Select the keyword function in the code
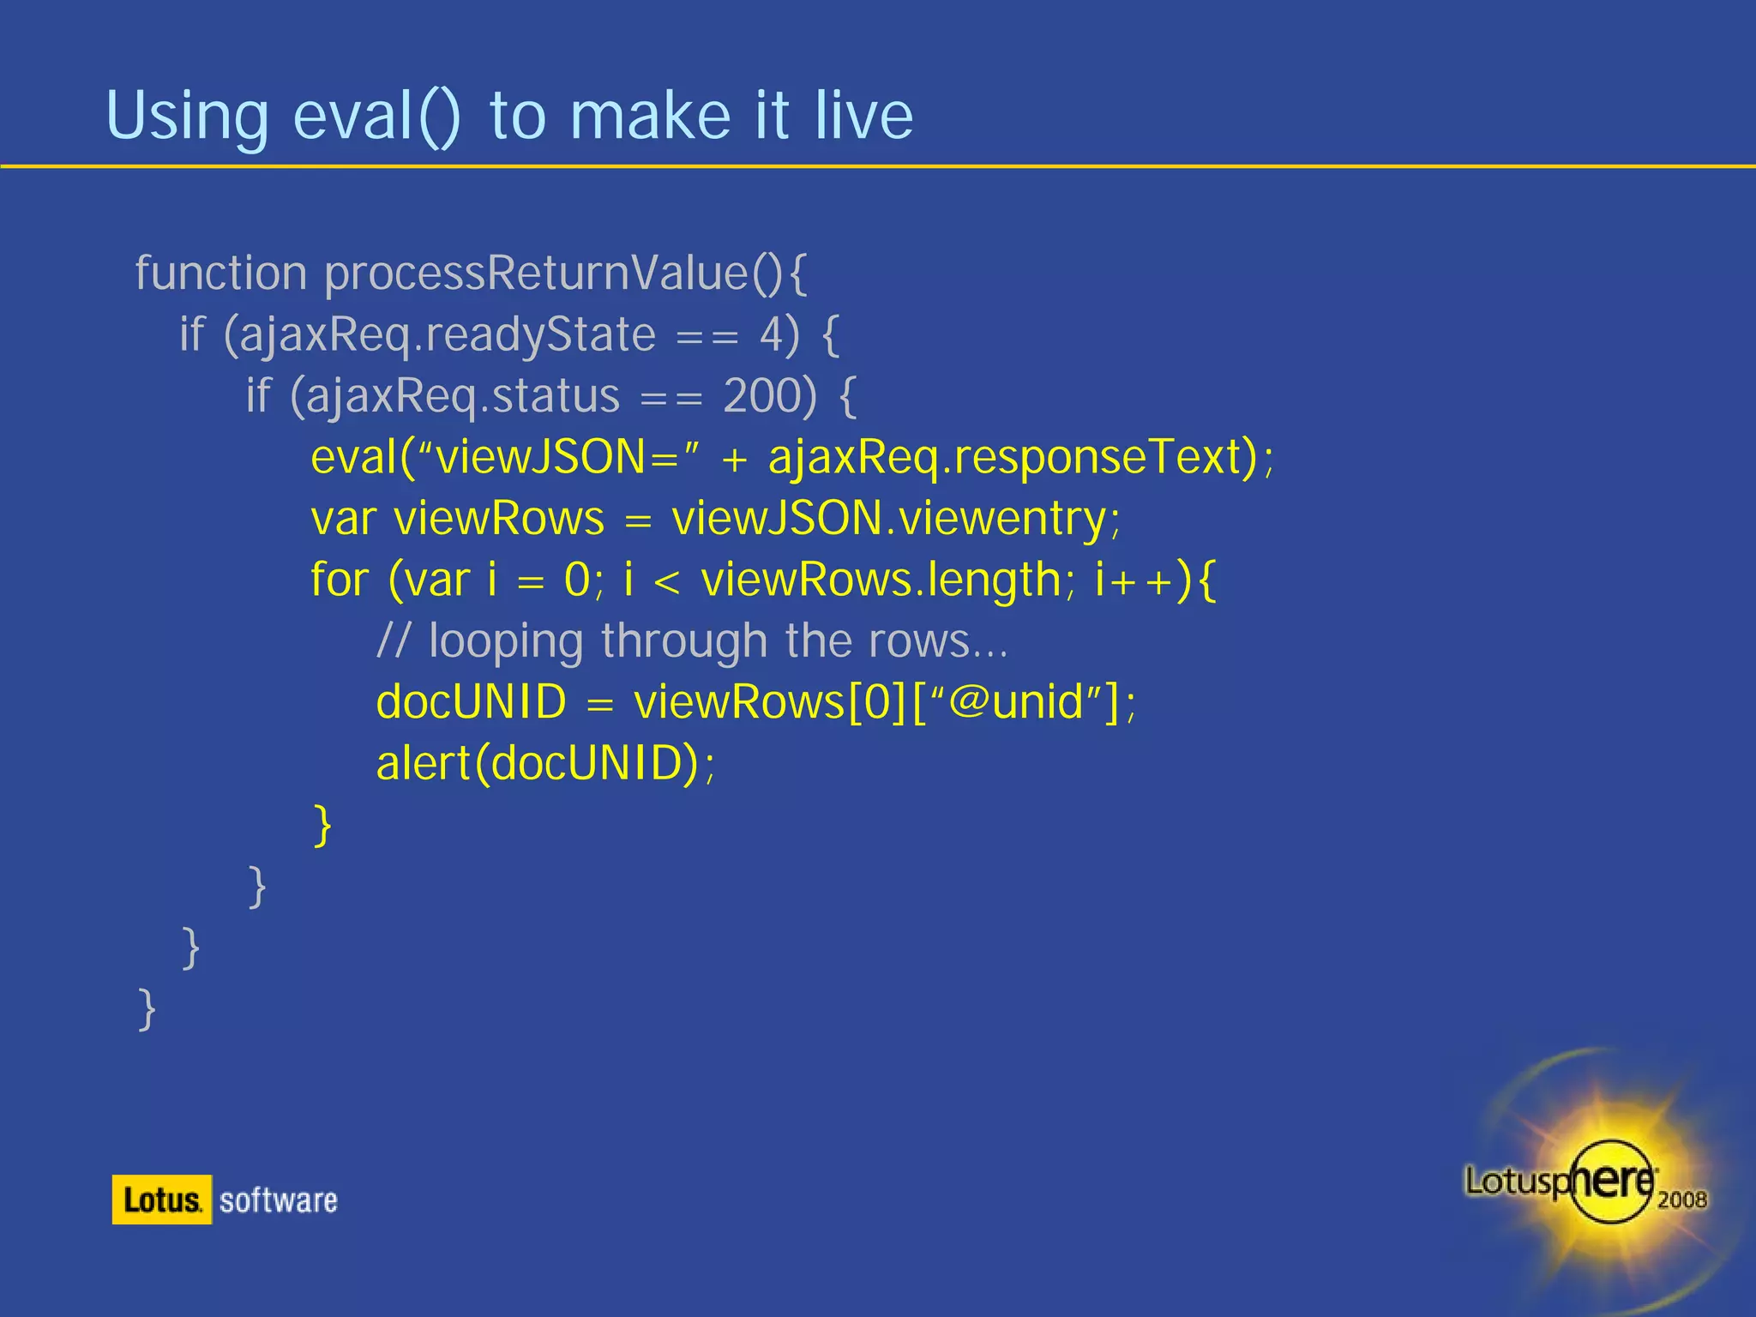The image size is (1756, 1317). tap(220, 274)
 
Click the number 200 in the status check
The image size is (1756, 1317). tap(769, 396)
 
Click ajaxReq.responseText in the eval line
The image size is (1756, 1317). tap(1012, 457)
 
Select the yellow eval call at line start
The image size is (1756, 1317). tap(353, 457)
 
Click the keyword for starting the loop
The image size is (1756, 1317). tap(340, 580)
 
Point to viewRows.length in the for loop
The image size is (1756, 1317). tap(881, 580)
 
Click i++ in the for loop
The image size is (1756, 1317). tap(1134, 580)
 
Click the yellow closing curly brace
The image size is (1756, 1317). tap(322, 825)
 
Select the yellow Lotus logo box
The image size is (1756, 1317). tap(161, 1200)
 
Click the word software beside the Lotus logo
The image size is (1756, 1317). tap(278, 1200)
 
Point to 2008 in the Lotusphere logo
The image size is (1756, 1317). tap(1681, 1200)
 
